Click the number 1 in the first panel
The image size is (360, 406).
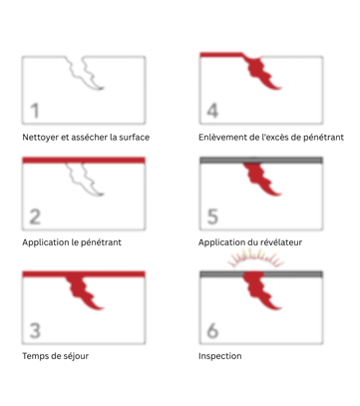(x=35, y=111)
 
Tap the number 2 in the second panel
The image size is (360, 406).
(x=35, y=216)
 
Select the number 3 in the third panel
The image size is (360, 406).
(x=35, y=330)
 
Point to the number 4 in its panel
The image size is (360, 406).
(x=212, y=111)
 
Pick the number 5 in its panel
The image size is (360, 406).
(x=212, y=216)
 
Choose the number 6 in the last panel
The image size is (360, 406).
(x=212, y=330)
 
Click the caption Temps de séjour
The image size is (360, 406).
(x=56, y=356)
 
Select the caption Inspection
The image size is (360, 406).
(x=220, y=356)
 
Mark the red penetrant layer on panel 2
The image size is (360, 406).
(x=84, y=161)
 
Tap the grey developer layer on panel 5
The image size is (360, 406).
(x=261, y=161)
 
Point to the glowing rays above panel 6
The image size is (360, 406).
(x=256, y=256)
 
